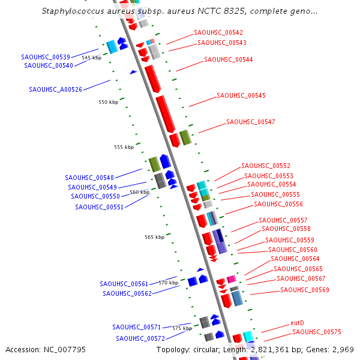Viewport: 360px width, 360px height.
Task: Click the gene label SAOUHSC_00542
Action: click(x=218, y=32)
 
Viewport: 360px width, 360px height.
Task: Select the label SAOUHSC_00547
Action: click(x=251, y=122)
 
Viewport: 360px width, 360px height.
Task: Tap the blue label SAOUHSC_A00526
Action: click(x=55, y=90)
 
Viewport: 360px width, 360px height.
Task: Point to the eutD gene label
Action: click(x=297, y=323)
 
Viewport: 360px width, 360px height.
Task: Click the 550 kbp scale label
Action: click(x=109, y=103)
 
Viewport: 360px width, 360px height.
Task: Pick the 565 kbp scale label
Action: click(x=154, y=238)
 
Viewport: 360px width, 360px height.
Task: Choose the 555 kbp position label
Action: click(x=124, y=148)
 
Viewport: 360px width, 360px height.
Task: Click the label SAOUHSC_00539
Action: click(x=46, y=57)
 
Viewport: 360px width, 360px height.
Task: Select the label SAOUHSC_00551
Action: click(x=99, y=207)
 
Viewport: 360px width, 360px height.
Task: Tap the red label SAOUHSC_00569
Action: click(x=305, y=290)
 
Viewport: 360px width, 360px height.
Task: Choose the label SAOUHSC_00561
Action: click(x=124, y=284)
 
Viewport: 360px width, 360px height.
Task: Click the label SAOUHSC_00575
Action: click(x=317, y=332)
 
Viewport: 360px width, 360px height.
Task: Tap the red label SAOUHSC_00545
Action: click(x=241, y=96)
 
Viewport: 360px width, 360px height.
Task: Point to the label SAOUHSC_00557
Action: click(x=283, y=221)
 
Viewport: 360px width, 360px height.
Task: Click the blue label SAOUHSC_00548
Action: click(x=89, y=178)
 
